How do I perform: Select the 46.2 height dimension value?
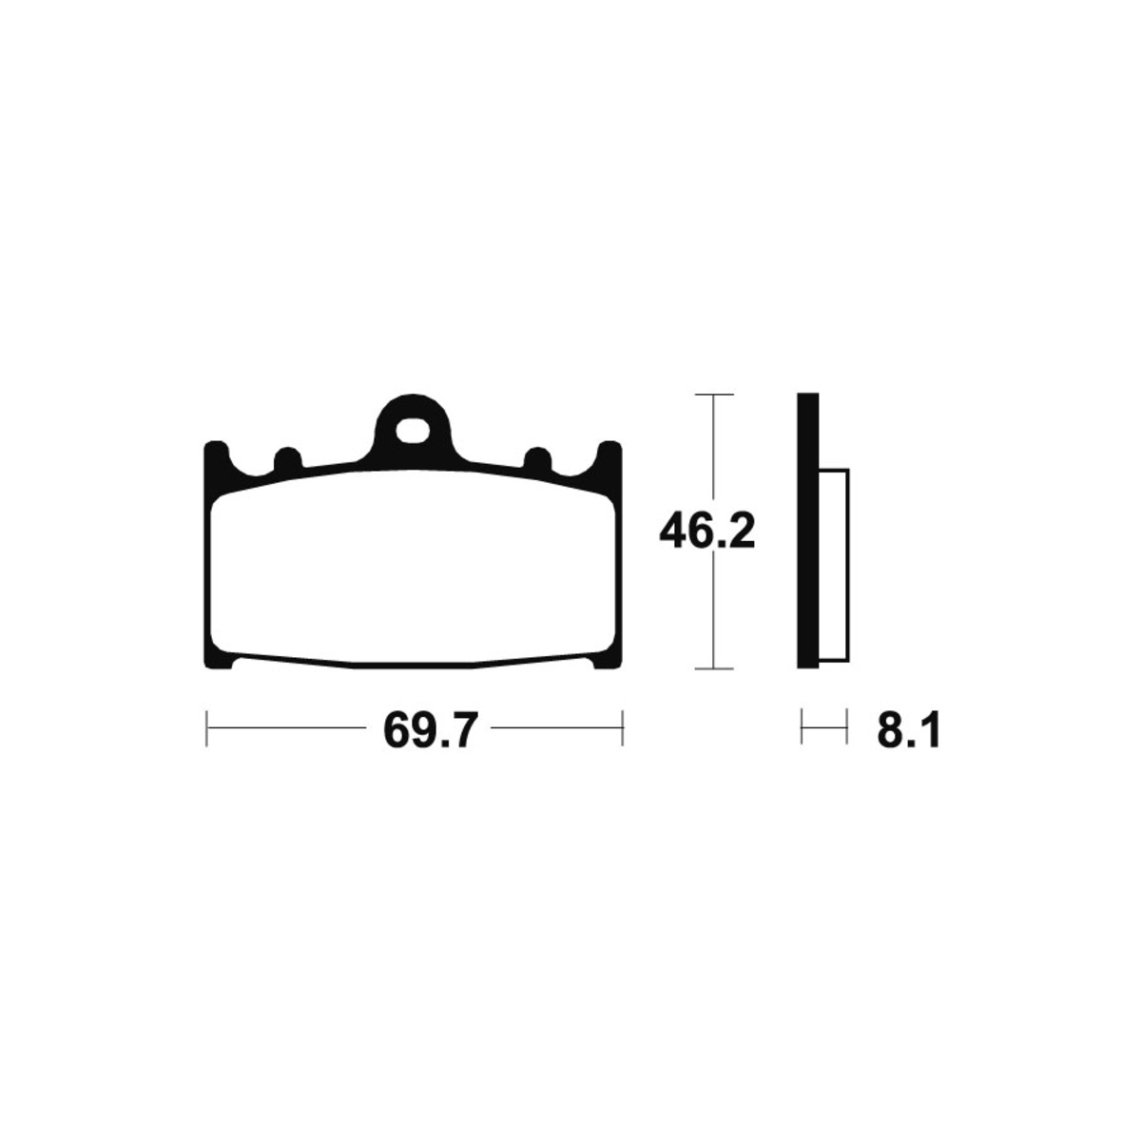tap(707, 532)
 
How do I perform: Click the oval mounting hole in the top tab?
tap(412, 431)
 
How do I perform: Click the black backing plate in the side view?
tap(807, 531)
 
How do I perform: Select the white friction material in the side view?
tap(833, 565)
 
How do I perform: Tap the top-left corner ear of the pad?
tap(216, 459)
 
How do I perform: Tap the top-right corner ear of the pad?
tap(609, 459)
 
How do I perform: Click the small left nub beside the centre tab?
tap(288, 459)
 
